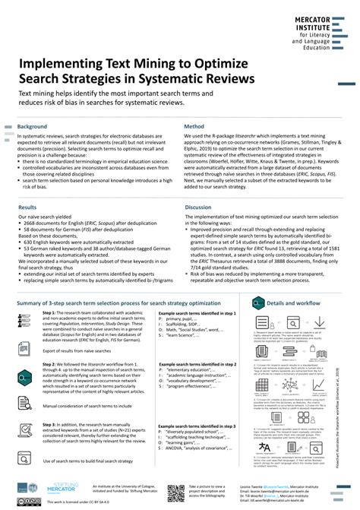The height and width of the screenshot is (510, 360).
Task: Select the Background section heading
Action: [x=33, y=126]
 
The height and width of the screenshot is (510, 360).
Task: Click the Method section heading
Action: [x=194, y=126]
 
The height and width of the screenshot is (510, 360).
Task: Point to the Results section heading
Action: [x=27, y=207]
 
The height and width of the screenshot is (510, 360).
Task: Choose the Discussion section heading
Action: [x=198, y=207]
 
